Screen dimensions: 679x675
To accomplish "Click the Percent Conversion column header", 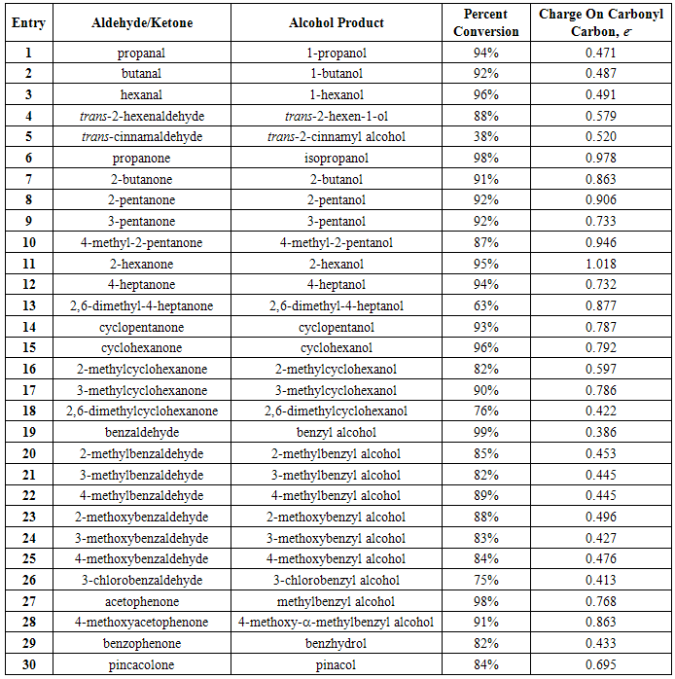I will point(492,23).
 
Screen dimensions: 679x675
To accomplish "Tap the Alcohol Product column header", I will point(337,23).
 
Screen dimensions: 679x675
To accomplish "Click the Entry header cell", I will point(28,23).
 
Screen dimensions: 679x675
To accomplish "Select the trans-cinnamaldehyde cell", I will point(141,137).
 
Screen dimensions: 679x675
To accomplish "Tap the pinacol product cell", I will point(337,664).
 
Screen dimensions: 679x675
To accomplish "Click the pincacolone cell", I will point(141,664).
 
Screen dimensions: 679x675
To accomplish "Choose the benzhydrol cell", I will point(337,644).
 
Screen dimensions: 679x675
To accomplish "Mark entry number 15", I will point(28,348).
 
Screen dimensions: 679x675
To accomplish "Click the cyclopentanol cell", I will point(337,328).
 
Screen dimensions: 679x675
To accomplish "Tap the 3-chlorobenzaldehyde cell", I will point(141,581).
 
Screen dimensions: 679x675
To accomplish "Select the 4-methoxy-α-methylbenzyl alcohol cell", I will point(337,623).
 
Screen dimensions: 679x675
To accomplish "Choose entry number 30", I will point(28,664).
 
